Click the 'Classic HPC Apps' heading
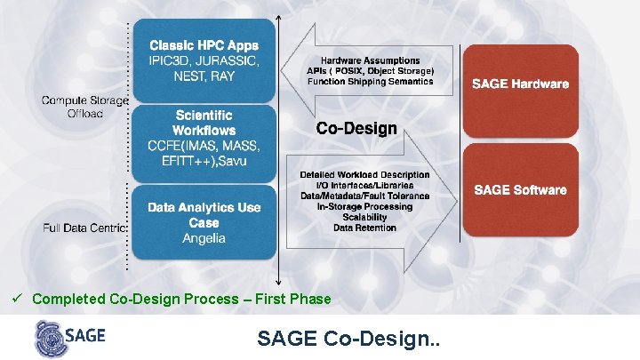click(x=204, y=44)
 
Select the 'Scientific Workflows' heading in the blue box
click(x=204, y=123)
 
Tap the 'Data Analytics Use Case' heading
click(x=204, y=214)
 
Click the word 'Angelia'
click(x=204, y=238)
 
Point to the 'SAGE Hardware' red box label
click(x=520, y=84)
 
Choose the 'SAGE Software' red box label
click(x=520, y=190)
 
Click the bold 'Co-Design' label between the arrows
click(x=356, y=129)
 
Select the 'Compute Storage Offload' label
click(x=84, y=107)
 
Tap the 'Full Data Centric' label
click(x=84, y=228)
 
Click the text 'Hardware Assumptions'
click(x=371, y=60)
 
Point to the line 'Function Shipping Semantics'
click(x=371, y=82)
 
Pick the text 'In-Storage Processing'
click(x=364, y=206)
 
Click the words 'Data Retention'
click(x=364, y=228)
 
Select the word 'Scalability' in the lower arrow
click(x=364, y=217)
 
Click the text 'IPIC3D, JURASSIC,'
click(x=204, y=60)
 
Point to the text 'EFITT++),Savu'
click(x=204, y=161)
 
